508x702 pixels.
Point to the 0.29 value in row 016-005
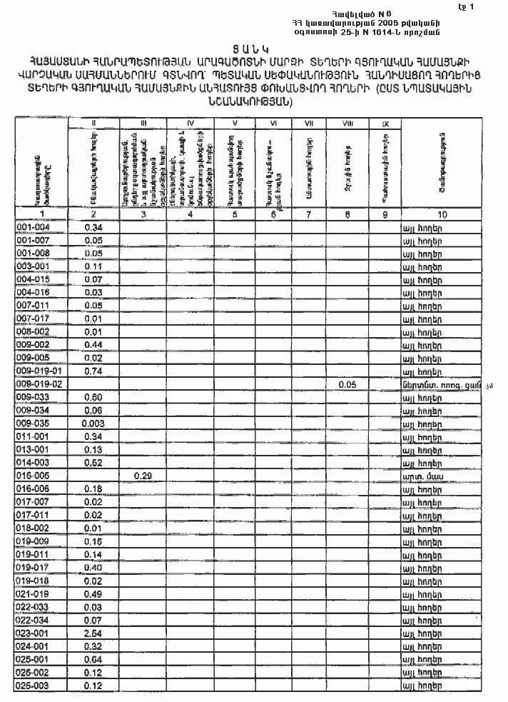(x=143, y=476)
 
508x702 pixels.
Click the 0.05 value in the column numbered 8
(x=347, y=384)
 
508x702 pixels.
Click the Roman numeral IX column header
(x=385, y=124)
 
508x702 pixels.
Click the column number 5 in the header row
(x=236, y=214)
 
